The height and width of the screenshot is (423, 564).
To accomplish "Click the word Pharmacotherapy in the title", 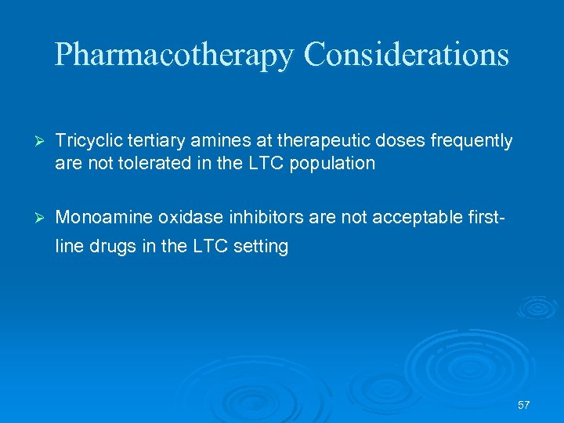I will click(x=175, y=55).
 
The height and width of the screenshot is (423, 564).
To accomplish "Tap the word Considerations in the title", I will click(x=406, y=55).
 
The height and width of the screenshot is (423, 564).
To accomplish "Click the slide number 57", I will click(x=524, y=405).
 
